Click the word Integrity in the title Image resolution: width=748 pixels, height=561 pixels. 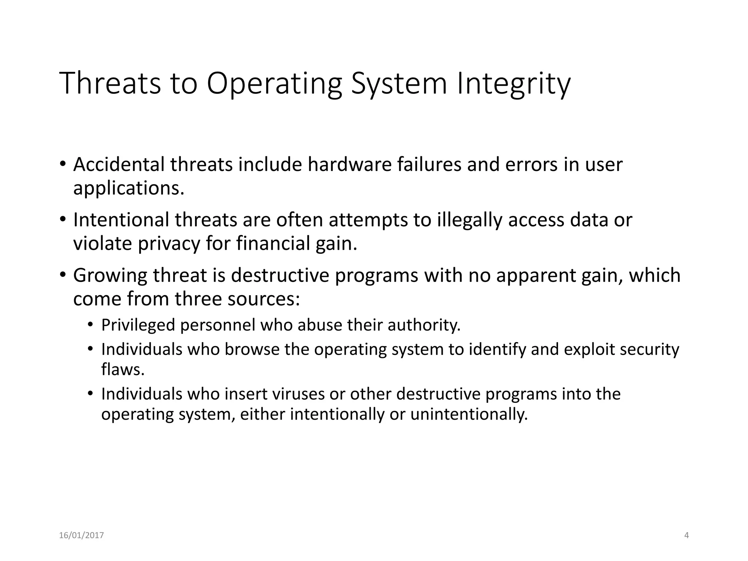513,84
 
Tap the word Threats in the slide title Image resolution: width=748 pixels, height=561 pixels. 110,84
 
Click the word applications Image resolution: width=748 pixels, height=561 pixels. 129,189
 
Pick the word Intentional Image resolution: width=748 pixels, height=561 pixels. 121,220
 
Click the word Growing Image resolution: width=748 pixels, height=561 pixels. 110,276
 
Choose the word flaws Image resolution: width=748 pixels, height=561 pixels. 123,370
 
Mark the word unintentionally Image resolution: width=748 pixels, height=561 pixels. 469,415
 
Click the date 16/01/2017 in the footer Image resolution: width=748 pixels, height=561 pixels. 81,535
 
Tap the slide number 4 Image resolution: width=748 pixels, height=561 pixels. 686,535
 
